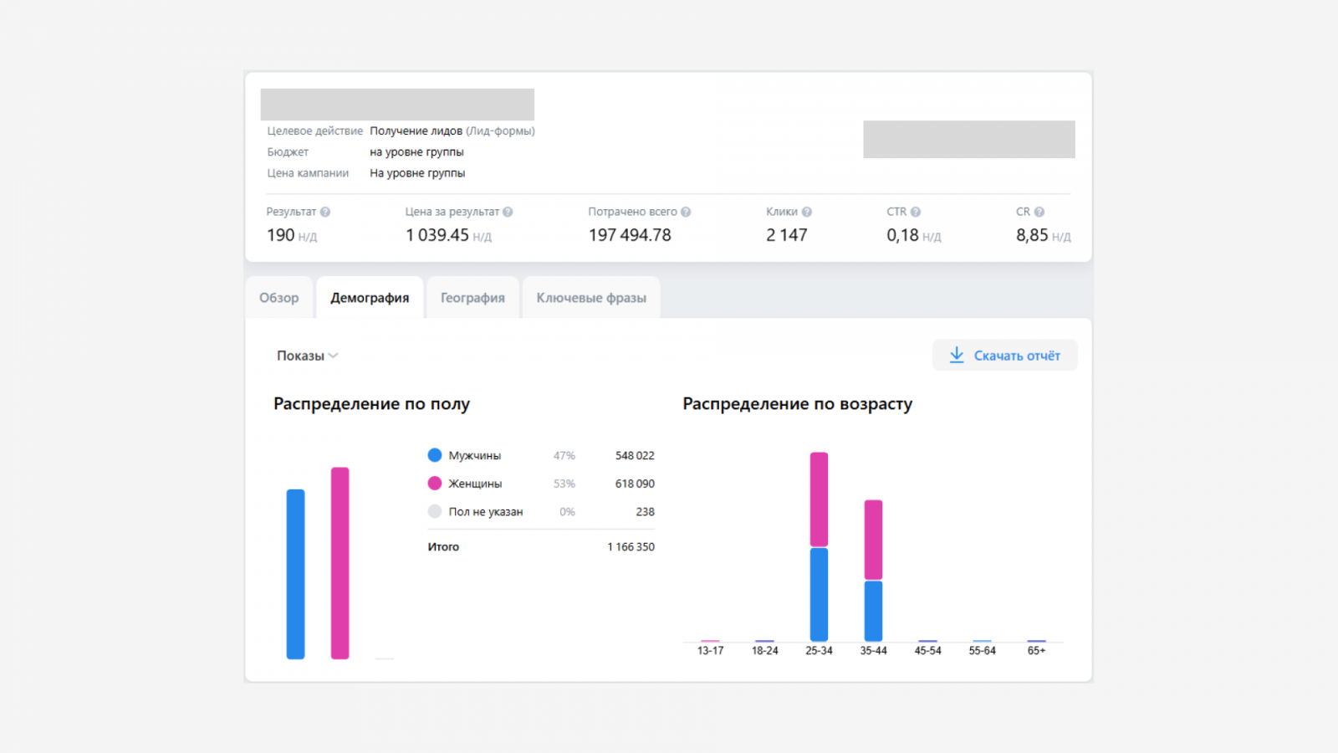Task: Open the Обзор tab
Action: pos(279,298)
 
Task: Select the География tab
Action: pos(472,298)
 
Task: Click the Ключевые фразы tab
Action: pos(591,298)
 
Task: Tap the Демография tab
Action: pos(370,298)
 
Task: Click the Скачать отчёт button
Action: pos(1004,356)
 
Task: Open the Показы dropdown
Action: pos(307,356)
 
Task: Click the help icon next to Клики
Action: pos(807,213)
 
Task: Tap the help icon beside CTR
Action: pos(916,213)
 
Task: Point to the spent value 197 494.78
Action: pos(630,235)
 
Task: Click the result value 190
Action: pos(280,235)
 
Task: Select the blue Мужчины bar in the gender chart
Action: pos(296,574)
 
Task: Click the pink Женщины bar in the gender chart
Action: pos(340,563)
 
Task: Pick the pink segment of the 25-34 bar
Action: pos(819,499)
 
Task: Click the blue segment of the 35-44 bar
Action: pos(873,611)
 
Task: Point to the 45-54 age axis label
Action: pos(927,651)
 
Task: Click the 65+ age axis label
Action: pos(1036,651)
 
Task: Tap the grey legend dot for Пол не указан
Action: pos(435,511)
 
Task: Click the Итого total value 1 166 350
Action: pos(631,547)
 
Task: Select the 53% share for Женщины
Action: pos(564,484)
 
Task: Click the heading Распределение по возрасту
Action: pos(798,404)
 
